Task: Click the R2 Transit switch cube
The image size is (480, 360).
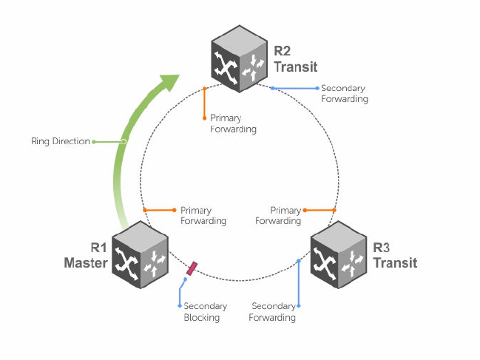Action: tap(239, 58)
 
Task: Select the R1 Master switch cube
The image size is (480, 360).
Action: tap(140, 255)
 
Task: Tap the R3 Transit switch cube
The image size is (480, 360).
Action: tap(338, 255)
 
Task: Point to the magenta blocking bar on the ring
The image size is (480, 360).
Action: tap(192, 268)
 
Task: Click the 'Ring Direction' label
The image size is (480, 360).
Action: tap(61, 141)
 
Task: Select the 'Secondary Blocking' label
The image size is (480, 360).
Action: tap(205, 312)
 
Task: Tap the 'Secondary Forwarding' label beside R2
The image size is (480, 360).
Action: tap(345, 94)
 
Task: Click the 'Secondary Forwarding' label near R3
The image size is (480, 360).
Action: tap(272, 312)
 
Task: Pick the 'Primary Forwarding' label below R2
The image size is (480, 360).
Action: tap(233, 123)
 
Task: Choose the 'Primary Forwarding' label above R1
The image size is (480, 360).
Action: tap(203, 216)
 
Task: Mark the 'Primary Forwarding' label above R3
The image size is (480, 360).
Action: tap(278, 216)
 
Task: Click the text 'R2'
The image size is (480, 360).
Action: tap(282, 51)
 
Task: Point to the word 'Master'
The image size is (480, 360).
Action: tap(86, 262)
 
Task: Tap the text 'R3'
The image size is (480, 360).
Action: tap(381, 248)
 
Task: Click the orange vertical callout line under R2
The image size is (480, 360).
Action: tap(204, 103)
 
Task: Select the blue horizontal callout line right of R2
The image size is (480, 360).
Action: tap(295, 89)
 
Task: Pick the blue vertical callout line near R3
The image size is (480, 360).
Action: tap(299, 283)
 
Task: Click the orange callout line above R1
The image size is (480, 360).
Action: tap(160, 210)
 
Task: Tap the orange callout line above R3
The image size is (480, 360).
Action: tap(320, 210)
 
